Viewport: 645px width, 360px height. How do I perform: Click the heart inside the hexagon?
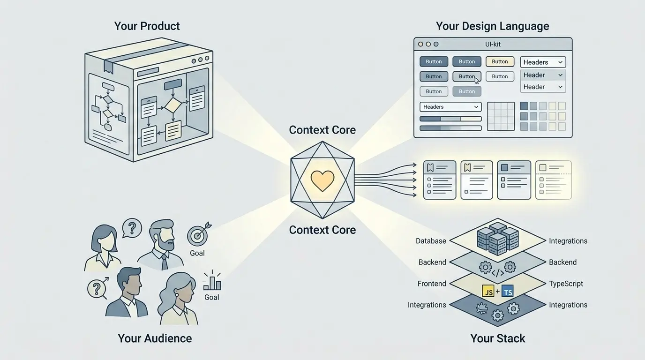(x=322, y=180)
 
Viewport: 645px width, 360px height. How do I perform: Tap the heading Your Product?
(x=147, y=26)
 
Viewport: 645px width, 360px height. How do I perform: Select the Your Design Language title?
(x=492, y=26)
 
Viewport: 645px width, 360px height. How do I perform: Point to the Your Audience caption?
(x=155, y=338)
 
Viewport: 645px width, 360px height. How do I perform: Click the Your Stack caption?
(x=497, y=338)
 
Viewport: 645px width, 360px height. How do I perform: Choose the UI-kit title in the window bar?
(x=493, y=45)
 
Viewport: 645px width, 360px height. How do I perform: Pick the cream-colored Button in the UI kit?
(x=500, y=61)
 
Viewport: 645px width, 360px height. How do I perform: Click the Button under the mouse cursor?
(x=466, y=76)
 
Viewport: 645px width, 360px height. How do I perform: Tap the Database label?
(x=431, y=241)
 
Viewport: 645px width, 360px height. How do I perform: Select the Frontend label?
(x=432, y=284)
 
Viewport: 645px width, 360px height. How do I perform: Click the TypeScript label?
(x=566, y=284)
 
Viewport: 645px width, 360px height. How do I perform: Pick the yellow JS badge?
(x=488, y=292)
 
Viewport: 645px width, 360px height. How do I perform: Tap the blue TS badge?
(x=507, y=292)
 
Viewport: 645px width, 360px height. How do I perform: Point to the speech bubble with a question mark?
(x=132, y=228)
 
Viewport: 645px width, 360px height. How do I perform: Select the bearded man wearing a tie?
(x=162, y=244)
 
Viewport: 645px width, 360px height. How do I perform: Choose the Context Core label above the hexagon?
(x=322, y=130)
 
